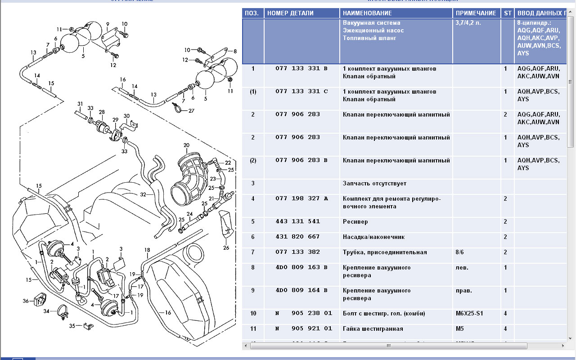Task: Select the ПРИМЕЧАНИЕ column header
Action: [476, 13]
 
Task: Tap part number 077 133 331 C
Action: [301, 92]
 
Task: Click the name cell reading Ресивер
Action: [355, 222]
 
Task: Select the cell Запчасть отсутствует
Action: [374, 184]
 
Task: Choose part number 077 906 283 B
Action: [301, 161]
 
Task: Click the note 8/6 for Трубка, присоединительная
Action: [462, 252]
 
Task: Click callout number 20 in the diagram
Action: [186, 145]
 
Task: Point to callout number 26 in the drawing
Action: [226, 247]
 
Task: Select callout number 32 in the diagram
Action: [143, 195]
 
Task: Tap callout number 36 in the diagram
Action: [26, 301]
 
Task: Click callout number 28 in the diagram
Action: [102, 112]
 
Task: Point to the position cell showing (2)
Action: [253, 161]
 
